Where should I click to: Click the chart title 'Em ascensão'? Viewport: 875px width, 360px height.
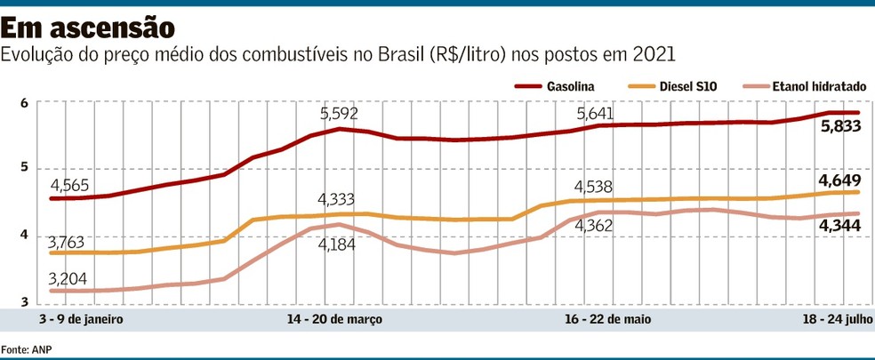point(88,23)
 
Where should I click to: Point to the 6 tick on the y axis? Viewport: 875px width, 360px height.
point(24,103)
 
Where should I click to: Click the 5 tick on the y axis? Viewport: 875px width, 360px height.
point(24,168)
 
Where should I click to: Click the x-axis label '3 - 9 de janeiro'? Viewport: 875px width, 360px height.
point(81,318)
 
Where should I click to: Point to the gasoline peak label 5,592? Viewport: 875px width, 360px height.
point(341,114)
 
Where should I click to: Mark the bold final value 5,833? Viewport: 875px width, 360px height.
point(839,128)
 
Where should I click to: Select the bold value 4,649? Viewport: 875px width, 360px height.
point(839,178)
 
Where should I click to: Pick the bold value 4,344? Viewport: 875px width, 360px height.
point(839,228)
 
